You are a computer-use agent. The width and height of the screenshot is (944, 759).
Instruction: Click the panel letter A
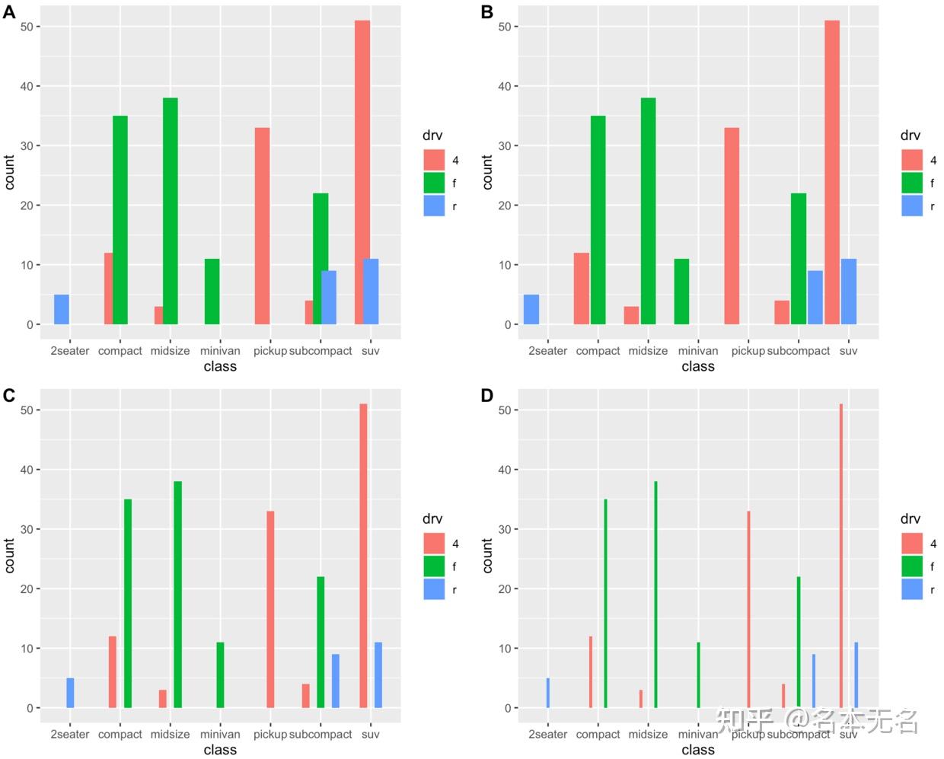(9, 12)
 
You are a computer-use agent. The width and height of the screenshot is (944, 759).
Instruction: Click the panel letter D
(487, 396)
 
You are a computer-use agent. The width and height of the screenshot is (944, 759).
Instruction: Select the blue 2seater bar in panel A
(62, 309)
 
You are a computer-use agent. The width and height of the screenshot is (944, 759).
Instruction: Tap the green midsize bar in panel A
(171, 211)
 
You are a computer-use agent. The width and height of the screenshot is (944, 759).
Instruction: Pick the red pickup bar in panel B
(732, 226)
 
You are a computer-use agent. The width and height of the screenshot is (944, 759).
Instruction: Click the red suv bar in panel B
(832, 172)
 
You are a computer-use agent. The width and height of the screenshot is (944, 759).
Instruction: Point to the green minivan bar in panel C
(220, 674)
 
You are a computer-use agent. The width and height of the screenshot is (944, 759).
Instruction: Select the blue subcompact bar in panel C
(336, 681)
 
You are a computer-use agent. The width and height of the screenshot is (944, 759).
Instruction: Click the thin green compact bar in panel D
(606, 603)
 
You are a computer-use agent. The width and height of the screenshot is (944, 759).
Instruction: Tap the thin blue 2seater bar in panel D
(547, 693)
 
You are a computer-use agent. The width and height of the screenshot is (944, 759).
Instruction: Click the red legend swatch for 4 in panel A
(434, 160)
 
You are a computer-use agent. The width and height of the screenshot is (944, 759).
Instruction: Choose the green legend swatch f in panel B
(912, 183)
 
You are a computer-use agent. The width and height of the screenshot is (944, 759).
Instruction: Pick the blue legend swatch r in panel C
(434, 589)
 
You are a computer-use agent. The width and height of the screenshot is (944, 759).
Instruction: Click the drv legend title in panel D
(911, 519)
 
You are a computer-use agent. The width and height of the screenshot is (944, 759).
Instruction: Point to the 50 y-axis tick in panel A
(26, 27)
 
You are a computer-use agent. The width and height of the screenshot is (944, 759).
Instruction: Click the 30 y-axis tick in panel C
(26, 529)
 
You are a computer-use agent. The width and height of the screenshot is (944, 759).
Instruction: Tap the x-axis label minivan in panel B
(698, 351)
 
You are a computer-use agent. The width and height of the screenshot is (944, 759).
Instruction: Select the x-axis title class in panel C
(220, 750)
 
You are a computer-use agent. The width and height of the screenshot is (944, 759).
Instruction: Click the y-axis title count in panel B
(488, 172)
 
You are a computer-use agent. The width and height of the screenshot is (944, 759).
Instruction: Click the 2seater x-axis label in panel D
(547, 735)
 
